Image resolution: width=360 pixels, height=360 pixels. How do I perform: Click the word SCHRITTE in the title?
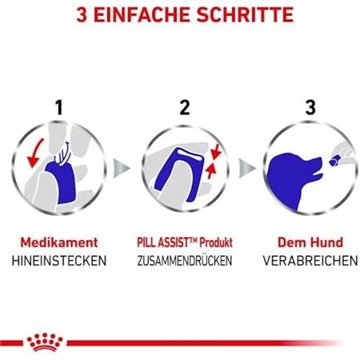pyautogui.click(x=239, y=15)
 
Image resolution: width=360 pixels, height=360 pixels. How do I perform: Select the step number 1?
pyautogui.click(x=58, y=106)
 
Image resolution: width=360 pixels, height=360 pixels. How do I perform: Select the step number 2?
pyautogui.click(x=185, y=106)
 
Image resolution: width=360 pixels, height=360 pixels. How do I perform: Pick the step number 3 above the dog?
pyautogui.click(x=310, y=106)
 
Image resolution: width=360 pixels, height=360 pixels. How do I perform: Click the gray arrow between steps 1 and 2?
pyautogui.click(x=121, y=169)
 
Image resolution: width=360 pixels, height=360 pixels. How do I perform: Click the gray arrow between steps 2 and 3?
pyautogui.click(x=246, y=169)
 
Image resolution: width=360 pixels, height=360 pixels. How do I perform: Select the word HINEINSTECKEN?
pyautogui.click(x=58, y=261)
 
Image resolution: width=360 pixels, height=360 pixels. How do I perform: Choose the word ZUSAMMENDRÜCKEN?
pyautogui.click(x=184, y=261)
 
